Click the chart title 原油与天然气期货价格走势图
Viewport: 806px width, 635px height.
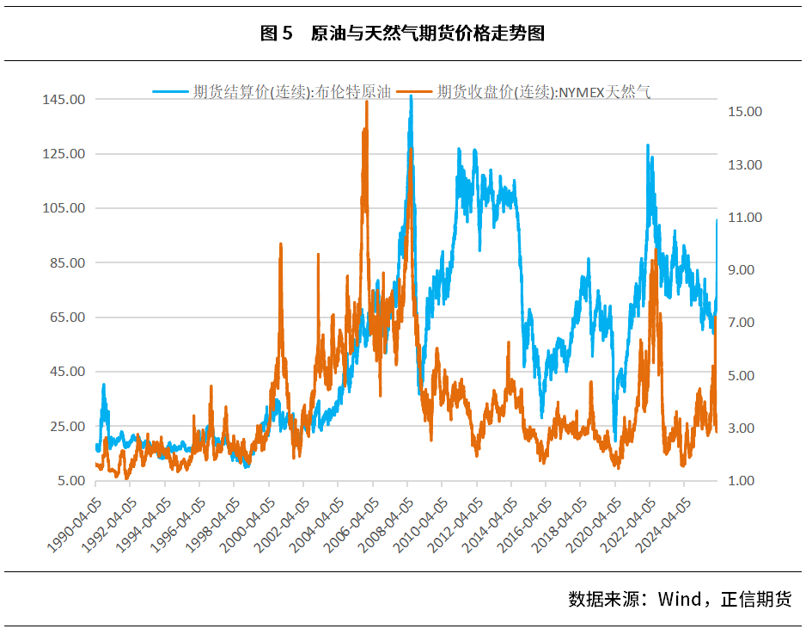click(x=427, y=34)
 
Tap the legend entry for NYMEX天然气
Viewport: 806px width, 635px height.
click(x=542, y=91)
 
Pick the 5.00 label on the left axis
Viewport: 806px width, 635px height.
click(x=70, y=481)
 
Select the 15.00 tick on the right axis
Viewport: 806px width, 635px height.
click(x=745, y=112)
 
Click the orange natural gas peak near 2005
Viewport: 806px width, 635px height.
click(x=367, y=102)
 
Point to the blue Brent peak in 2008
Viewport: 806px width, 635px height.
click(x=411, y=97)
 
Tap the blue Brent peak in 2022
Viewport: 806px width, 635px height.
click(x=648, y=146)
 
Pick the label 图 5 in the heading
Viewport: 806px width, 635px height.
click(x=276, y=34)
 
